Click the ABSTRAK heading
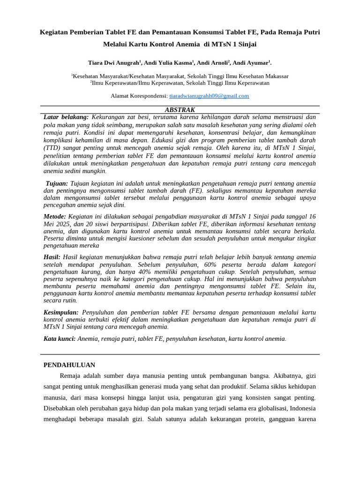point(180,110)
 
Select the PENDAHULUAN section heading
point(69,365)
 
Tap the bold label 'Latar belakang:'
point(66,117)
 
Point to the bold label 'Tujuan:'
point(57,183)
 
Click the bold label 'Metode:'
point(55,217)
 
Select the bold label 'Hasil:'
point(52,257)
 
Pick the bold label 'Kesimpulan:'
point(62,312)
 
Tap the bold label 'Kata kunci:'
point(60,338)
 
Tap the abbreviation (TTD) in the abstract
point(52,148)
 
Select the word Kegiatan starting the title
point(53,32)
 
